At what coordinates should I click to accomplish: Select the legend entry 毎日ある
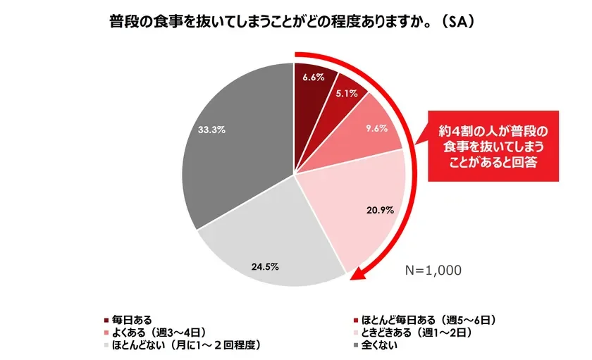coord(128,319)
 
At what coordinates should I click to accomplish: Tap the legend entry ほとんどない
coord(183,345)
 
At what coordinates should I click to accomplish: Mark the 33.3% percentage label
coord(211,130)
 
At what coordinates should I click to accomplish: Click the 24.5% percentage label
coord(265,266)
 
